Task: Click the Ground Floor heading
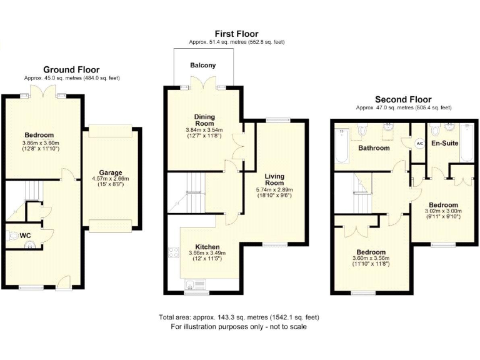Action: [71, 69]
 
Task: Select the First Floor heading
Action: [236, 34]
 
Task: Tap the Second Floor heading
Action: [403, 99]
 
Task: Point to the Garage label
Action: [110, 172]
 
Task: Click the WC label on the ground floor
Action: [26, 235]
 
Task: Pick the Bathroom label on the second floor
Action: [374, 148]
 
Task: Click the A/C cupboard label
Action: [419, 143]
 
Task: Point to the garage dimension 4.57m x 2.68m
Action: [110, 179]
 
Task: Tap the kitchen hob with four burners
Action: [174, 255]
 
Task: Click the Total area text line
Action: [239, 317]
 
